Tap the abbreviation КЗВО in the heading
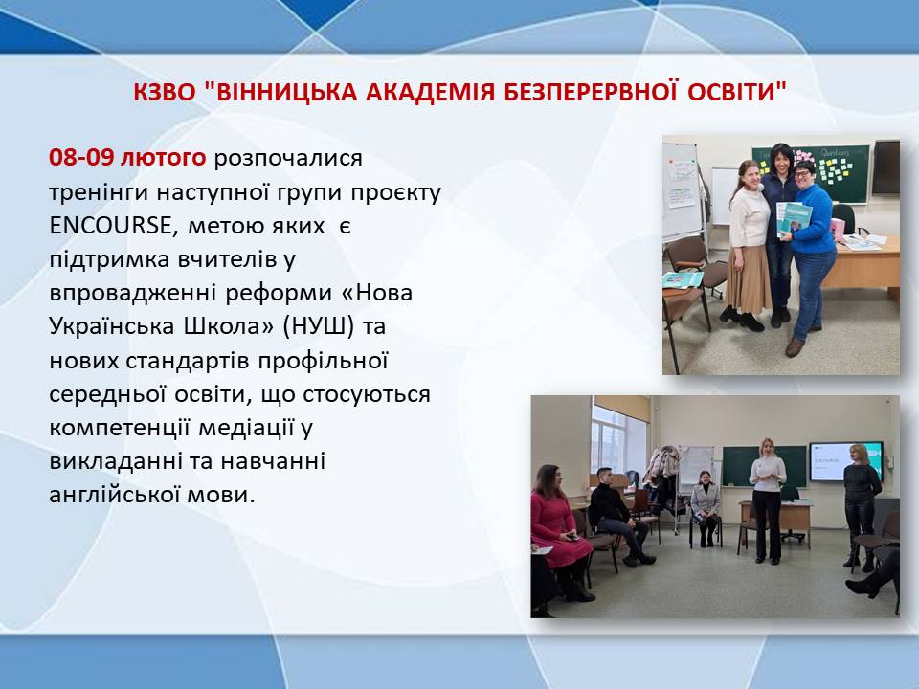(x=164, y=92)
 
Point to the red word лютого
(x=163, y=158)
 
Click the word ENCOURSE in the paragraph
(x=110, y=226)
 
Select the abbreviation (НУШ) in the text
(x=319, y=326)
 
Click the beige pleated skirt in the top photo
(x=748, y=278)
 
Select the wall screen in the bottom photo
(x=845, y=461)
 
